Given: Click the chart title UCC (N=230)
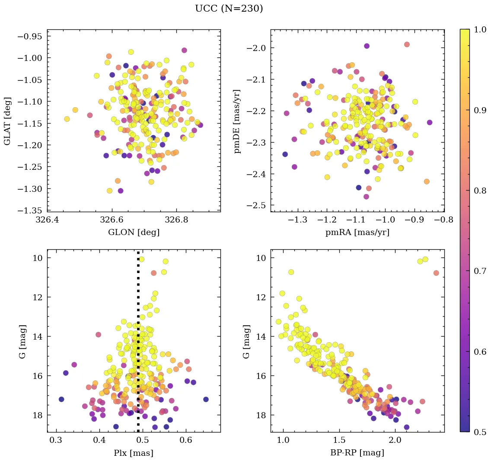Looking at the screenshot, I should click(x=229, y=8).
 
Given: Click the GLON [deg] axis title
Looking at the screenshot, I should click(x=134, y=232).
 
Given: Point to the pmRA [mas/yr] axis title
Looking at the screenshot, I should click(x=357, y=232).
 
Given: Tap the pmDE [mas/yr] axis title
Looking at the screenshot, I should click(x=237, y=121).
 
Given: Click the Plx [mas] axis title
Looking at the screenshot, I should click(x=134, y=453).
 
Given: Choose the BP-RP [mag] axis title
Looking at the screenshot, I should click(x=357, y=453).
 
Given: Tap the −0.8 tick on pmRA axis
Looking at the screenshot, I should click(x=443, y=220).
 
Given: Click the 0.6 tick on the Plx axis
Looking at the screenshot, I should click(x=186, y=441).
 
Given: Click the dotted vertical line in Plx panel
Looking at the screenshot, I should click(x=138, y=346).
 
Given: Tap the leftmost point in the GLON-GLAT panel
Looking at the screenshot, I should click(x=67, y=119).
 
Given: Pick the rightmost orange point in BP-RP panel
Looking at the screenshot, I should click(x=436, y=273).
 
